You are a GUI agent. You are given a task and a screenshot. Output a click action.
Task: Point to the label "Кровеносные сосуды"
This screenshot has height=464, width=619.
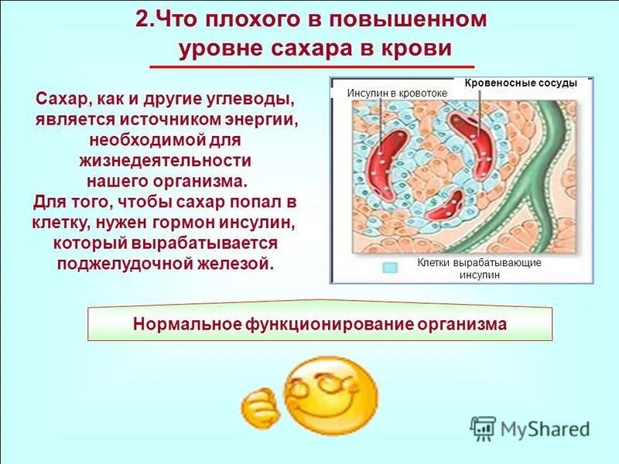click(x=521, y=83)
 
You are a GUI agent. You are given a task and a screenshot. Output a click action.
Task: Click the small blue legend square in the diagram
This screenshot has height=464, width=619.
click(x=390, y=268)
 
